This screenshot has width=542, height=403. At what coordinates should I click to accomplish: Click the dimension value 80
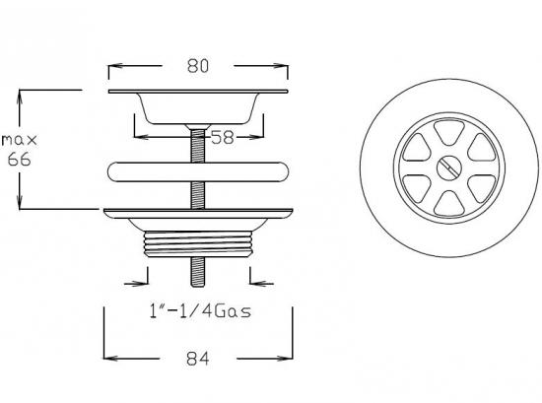pyautogui.click(x=198, y=66)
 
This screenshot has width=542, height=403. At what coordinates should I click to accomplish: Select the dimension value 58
pyautogui.click(x=223, y=137)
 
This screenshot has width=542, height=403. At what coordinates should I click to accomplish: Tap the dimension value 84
pyautogui.click(x=198, y=359)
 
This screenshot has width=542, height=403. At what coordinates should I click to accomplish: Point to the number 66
pyautogui.click(x=20, y=160)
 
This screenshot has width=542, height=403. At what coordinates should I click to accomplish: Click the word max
pyautogui.click(x=20, y=140)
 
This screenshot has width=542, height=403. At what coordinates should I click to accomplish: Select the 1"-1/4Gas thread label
pyautogui.click(x=200, y=311)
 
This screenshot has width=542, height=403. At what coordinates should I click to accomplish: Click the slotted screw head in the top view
pyautogui.click(x=448, y=168)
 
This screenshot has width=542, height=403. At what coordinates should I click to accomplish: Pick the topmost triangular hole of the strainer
pyautogui.click(x=448, y=132)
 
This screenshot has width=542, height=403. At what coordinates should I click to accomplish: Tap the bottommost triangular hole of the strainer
pyautogui.click(x=448, y=203)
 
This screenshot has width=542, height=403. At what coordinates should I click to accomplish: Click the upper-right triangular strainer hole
pyautogui.click(x=482, y=148)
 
